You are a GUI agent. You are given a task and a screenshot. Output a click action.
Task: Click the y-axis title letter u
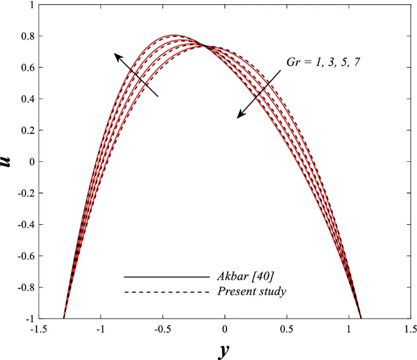tap(7, 161)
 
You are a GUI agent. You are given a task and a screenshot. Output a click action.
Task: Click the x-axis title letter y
tap(224, 351)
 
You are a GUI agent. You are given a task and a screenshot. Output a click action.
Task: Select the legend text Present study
tap(251, 292)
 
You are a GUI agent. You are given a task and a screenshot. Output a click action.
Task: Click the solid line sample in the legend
tap(166, 277)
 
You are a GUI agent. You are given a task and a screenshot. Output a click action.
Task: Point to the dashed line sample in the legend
tap(166, 292)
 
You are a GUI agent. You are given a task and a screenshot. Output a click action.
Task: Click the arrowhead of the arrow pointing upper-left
tap(116, 55)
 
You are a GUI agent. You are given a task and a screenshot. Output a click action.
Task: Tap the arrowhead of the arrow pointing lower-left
tap(240, 116)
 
